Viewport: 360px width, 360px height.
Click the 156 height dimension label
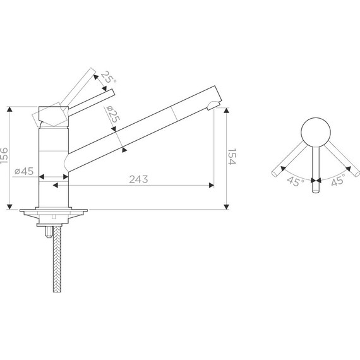coord(4,155)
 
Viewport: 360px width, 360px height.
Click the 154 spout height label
coord(232,157)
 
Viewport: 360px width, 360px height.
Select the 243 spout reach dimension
coord(138,179)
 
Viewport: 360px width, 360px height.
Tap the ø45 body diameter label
coord(24,171)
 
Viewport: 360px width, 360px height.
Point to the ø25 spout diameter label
coord(113,114)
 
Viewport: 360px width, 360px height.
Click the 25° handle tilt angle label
coord(109,78)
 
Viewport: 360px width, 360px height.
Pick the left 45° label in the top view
coord(296,181)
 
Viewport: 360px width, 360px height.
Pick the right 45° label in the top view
coord(338,179)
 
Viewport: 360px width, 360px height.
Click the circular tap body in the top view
coord(316,132)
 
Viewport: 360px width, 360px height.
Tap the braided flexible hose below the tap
coord(57,259)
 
